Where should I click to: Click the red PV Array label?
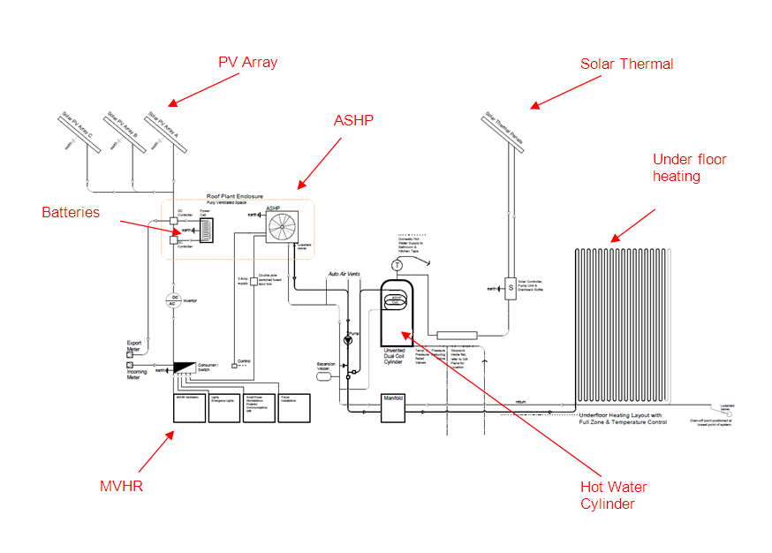[x=248, y=63]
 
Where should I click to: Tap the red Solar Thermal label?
[x=626, y=64]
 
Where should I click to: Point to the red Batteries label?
[x=71, y=213]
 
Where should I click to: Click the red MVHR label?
[x=120, y=487]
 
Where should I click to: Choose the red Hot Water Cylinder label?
[x=614, y=496]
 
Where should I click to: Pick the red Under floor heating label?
[x=689, y=168]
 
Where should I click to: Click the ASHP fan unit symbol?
[x=283, y=227]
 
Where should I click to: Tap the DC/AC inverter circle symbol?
[x=175, y=300]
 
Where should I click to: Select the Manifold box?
[x=393, y=400]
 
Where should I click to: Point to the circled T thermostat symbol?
[x=397, y=265]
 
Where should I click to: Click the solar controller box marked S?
[x=510, y=288]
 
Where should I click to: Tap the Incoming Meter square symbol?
[x=130, y=364]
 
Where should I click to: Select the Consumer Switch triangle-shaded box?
[x=187, y=366]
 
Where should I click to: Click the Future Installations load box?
[x=297, y=407]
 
